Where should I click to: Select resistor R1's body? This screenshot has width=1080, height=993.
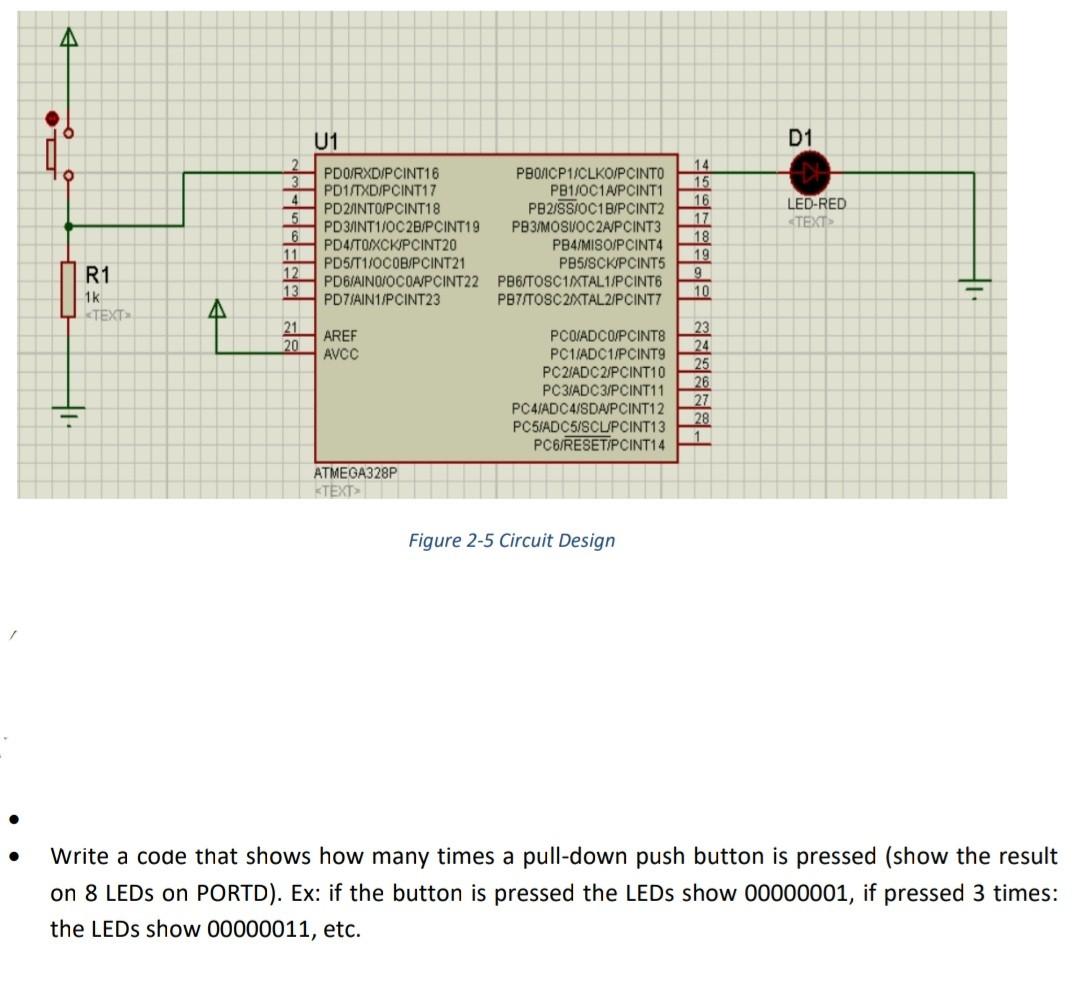point(68,289)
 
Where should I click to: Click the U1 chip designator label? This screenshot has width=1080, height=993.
point(326,141)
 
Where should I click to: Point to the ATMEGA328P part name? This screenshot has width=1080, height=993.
point(355,472)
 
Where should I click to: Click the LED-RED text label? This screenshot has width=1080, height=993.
point(816,204)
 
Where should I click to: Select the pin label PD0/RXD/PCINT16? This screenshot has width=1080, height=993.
point(382,173)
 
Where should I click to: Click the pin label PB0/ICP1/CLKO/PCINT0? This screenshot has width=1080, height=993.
point(589,173)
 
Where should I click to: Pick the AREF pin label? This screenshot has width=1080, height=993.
point(340,336)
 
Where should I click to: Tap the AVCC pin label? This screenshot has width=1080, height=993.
point(341,354)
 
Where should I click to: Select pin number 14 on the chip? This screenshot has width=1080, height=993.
point(701,164)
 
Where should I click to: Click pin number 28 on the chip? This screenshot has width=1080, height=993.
point(701,418)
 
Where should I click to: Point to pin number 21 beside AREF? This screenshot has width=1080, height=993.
point(291,328)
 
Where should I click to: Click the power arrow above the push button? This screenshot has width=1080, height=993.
point(68,37)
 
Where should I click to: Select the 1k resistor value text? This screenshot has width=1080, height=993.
point(92,297)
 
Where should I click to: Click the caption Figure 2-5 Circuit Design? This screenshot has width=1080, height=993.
point(511,541)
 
